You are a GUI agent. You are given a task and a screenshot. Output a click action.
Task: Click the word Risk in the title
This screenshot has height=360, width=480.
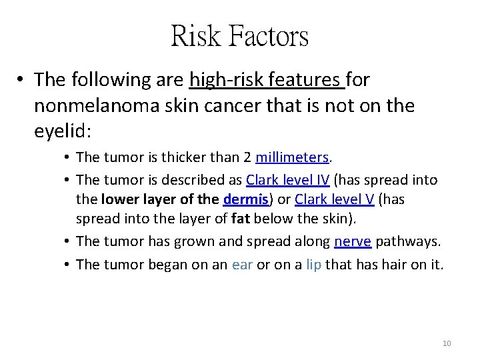tap(197, 35)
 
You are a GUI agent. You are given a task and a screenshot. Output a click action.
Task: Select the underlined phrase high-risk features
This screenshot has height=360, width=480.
tap(267, 80)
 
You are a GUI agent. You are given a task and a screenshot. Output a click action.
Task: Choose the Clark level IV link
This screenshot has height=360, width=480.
tap(287, 180)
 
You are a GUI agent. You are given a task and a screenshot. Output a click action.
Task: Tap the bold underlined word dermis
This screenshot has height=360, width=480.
tap(245, 199)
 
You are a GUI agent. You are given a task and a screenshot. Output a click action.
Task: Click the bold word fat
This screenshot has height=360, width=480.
tap(241, 219)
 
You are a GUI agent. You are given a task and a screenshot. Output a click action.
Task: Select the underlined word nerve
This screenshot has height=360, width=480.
tap(352, 241)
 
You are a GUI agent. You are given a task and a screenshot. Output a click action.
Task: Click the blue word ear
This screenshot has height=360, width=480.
tap(243, 264)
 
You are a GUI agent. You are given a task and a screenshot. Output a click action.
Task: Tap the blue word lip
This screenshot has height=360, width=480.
tap(313, 264)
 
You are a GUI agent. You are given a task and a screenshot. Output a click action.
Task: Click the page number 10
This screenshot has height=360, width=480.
tap(447, 343)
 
